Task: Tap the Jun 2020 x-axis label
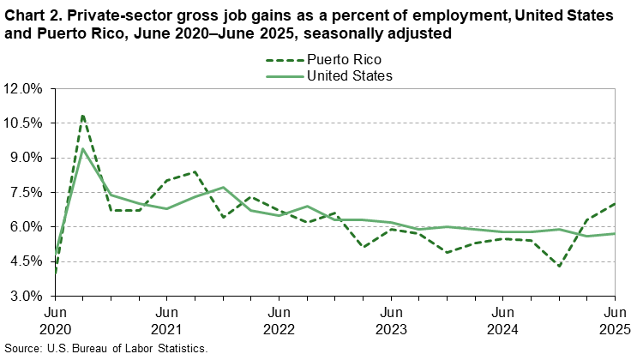click(56, 321)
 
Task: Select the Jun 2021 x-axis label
click(167, 321)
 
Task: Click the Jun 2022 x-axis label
click(279, 321)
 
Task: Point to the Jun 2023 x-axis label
click(391, 321)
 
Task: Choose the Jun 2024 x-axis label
click(503, 321)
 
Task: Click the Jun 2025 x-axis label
click(614, 321)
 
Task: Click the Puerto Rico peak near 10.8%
click(82, 115)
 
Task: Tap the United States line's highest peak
click(82, 150)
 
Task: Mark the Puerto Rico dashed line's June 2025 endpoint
click(615, 204)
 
